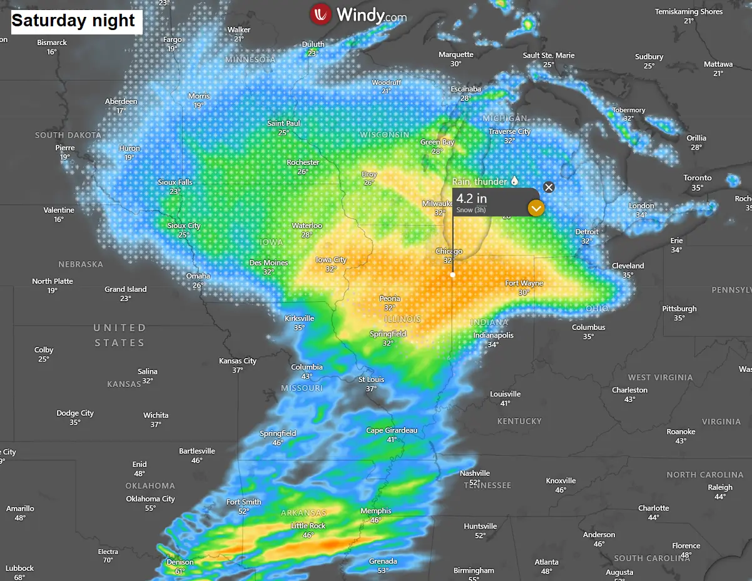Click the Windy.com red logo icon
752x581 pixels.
[x=321, y=14]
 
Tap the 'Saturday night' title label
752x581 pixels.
[x=73, y=21]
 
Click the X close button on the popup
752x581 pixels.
[x=549, y=187]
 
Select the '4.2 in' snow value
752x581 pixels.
[x=472, y=198]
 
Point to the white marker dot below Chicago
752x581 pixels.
[x=453, y=274]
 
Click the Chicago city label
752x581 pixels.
[x=449, y=252]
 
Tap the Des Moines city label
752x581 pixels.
[x=269, y=263]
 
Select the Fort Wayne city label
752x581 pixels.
[x=524, y=284]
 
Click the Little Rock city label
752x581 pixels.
[x=308, y=526]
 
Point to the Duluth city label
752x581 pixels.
[x=313, y=44]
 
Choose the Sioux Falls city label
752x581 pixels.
[x=175, y=182]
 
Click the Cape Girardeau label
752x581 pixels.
[x=392, y=431]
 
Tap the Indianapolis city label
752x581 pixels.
[x=494, y=336]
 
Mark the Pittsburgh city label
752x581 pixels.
[x=679, y=309]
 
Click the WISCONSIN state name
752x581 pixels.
[x=385, y=135]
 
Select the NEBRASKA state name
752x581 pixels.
[x=81, y=264]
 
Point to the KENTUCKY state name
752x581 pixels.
[x=519, y=421]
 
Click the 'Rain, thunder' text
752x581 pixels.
[x=479, y=182]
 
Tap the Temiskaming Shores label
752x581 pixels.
[x=689, y=12]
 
